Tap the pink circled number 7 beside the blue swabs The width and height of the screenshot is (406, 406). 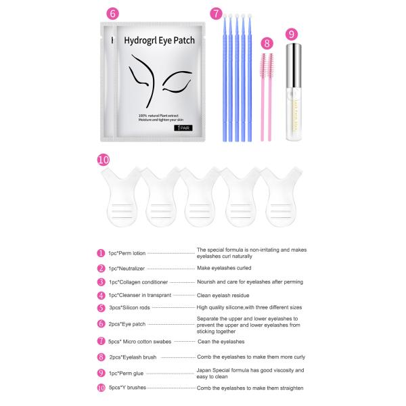(x=215, y=13)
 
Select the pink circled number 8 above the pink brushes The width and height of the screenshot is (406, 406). (x=267, y=43)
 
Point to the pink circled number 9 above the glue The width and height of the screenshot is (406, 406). (x=292, y=34)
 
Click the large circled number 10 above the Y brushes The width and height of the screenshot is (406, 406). (x=103, y=160)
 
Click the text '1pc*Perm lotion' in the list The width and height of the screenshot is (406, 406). (x=127, y=252)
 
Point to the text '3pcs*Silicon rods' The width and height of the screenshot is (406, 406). (x=129, y=307)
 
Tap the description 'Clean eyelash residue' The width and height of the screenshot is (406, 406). (x=227, y=295)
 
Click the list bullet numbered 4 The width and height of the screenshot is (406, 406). (x=101, y=295)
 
